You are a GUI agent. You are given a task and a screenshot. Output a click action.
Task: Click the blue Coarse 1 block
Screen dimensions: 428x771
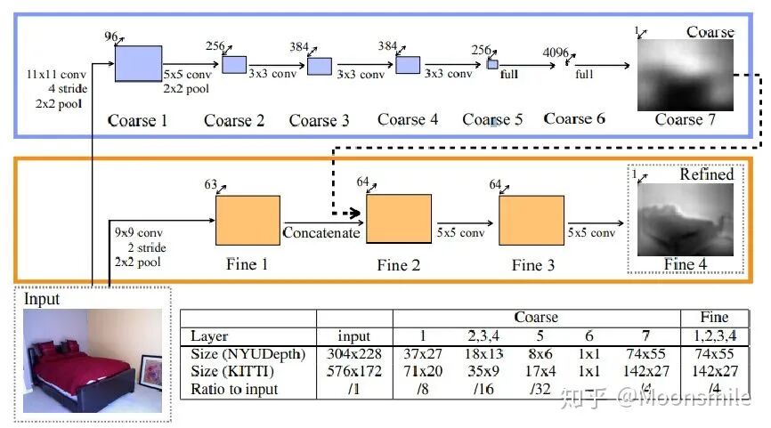(138, 63)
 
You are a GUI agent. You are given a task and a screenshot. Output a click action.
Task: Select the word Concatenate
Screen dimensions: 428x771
(321, 234)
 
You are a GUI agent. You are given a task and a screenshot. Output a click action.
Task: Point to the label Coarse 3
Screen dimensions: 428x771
(319, 120)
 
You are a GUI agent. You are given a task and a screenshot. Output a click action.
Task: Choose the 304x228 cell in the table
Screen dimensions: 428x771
(354, 355)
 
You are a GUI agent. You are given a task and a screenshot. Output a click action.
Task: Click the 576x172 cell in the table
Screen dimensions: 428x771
(354, 372)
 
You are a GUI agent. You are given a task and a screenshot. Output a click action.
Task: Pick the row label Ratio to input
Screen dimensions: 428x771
(235, 389)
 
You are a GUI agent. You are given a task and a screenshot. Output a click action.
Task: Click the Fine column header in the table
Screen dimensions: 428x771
(714, 317)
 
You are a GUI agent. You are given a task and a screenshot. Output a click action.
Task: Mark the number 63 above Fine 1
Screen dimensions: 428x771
(211, 185)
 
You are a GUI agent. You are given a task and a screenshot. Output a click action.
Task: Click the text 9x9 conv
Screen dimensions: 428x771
(139, 233)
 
